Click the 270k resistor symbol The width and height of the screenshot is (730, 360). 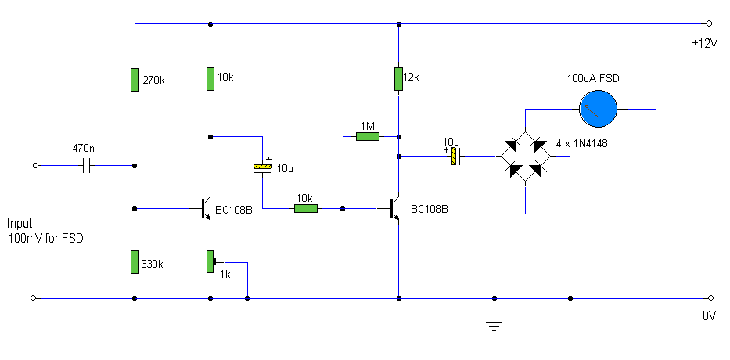click(135, 80)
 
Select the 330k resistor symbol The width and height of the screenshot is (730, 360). click(135, 262)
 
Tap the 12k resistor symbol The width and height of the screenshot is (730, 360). click(399, 78)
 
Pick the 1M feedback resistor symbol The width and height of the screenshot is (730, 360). click(367, 137)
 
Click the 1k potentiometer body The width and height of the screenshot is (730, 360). click(210, 261)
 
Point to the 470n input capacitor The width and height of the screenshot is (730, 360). click(88, 166)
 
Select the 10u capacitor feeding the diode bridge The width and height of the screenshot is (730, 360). click(453, 157)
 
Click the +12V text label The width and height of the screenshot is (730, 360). click(704, 44)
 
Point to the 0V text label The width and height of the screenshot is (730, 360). click(709, 316)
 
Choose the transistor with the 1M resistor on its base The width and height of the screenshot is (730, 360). click(394, 209)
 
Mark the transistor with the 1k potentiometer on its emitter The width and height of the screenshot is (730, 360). click(206, 209)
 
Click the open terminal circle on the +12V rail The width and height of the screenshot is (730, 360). click(709, 23)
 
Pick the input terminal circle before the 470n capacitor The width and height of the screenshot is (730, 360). click(34, 166)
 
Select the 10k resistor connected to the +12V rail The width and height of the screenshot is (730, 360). click(210, 79)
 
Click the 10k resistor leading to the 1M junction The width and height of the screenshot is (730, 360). click(305, 209)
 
